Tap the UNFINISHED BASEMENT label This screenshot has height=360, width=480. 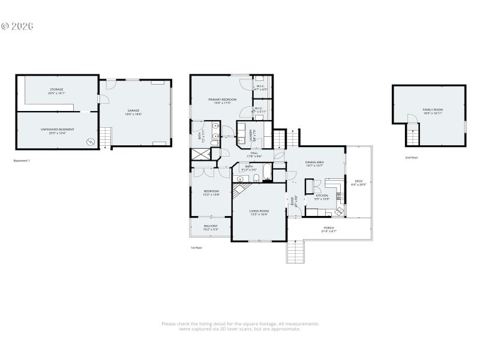[57, 131]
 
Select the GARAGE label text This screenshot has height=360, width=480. [133, 112]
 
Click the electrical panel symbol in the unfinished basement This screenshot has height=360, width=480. [91, 142]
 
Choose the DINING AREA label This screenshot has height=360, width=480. [315, 163]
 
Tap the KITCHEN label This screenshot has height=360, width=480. [322, 197]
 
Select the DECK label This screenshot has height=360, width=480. [358, 182]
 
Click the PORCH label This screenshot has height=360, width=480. [329, 229]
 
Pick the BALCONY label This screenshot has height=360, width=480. [210, 227]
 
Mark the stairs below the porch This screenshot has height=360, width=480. [296, 251]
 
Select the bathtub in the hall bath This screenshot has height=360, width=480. [268, 176]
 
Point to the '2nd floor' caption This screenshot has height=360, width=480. [412, 158]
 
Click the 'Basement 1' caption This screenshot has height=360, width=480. [22, 161]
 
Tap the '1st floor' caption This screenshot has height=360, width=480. [196, 247]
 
